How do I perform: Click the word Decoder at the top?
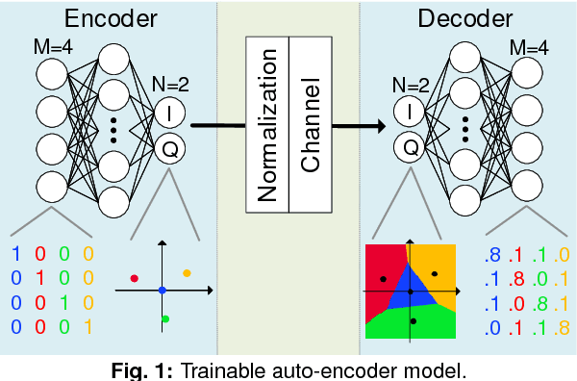point(465,18)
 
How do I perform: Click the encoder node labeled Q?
point(171,149)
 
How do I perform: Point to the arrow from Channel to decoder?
point(358,125)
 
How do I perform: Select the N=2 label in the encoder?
point(171,83)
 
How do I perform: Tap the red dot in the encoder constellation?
point(135,278)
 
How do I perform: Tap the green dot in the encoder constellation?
point(165,318)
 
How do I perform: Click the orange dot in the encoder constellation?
point(187,273)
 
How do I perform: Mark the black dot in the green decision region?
point(414,320)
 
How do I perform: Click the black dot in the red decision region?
point(384,279)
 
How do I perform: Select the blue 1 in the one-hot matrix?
point(15,255)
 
